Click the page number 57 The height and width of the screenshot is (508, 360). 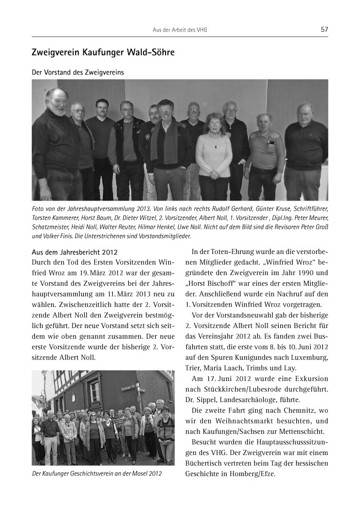(324, 29)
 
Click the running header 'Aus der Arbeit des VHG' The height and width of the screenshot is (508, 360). (180, 30)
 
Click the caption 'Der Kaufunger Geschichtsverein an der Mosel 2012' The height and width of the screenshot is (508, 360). (97, 473)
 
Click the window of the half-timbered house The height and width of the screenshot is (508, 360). (95, 392)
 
